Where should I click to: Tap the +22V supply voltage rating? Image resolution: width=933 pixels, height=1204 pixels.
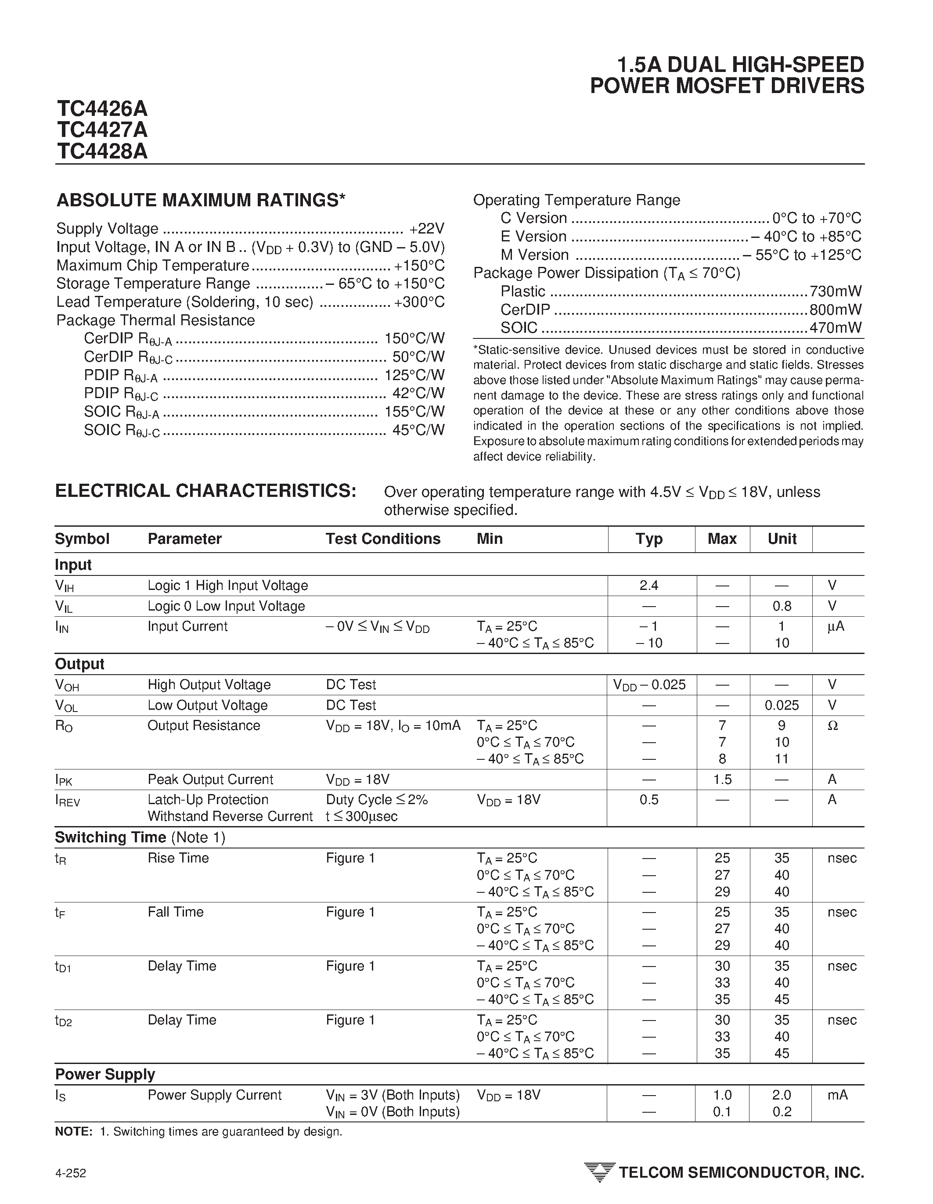point(427,229)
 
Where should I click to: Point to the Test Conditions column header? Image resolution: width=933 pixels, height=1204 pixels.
point(383,539)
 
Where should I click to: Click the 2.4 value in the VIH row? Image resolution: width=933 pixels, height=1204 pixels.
point(649,586)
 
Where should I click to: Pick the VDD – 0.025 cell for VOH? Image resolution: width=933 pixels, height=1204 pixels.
point(649,685)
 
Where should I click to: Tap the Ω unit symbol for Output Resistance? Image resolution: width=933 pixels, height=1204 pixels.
point(832,726)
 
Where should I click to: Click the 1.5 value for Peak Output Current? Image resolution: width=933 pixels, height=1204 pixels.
point(722,780)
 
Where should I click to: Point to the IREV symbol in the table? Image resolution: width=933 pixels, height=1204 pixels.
point(67,801)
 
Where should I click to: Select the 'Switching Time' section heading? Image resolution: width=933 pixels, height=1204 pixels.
point(110,837)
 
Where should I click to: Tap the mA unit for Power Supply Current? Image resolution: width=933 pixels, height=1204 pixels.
point(837,1096)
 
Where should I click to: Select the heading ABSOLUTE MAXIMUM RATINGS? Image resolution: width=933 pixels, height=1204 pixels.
point(201,201)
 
